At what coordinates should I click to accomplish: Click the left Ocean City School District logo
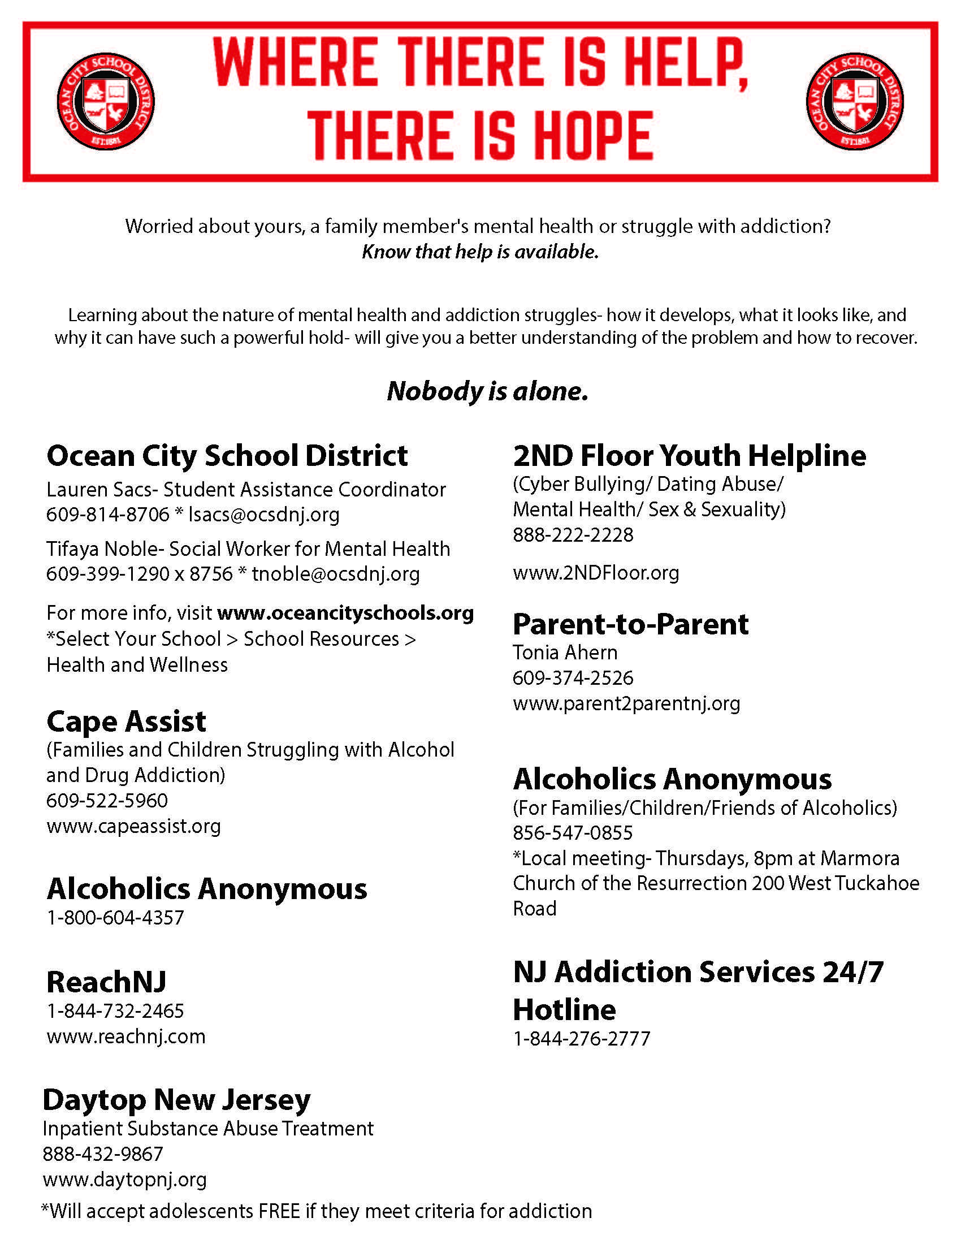[x=106, y=101]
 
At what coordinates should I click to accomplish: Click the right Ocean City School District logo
[x=855, y=101]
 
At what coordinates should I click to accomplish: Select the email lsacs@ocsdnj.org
[x=263, y=515]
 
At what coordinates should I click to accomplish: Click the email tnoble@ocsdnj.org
[x=335, y=574]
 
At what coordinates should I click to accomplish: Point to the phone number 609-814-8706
[x=108, y=515]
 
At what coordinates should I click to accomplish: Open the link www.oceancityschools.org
[x=345, y=613]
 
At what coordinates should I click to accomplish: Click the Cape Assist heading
[x=126, y=722]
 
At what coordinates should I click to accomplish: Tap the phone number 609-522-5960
[x=107, y=800]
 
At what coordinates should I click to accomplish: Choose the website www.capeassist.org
[x=134, y=826]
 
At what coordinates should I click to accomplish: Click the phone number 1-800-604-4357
[x=115, y=918]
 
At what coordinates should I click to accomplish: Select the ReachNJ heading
[x=106, y=982]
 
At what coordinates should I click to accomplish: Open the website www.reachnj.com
[x=126, y=1036]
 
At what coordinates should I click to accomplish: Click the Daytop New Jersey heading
[x=176, y=1099]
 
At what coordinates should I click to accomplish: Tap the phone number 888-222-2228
[x=573, y=535]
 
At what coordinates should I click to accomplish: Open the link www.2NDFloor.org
[x=595, y=572]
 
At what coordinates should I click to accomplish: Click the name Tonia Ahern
[x=565, y=652]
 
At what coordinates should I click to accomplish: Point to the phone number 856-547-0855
[x=573, y=833]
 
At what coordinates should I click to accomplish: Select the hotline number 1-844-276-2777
[x=581, y=1039]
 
